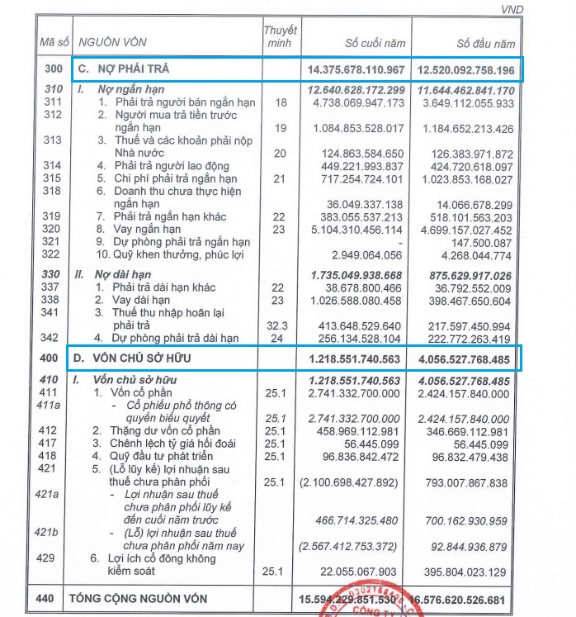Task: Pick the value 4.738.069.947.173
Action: point(359,103)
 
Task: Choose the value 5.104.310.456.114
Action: point(359,229)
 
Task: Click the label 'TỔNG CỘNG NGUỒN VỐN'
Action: point(139,598)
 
